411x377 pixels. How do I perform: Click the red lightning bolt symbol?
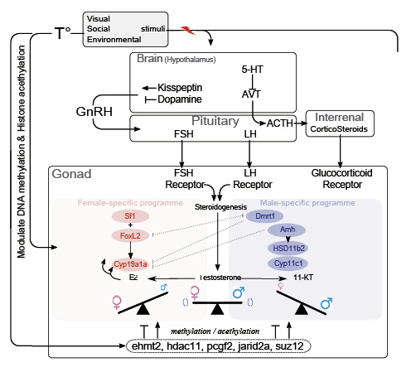(x=188, y=31)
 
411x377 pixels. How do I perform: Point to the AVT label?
(x=252, y=93)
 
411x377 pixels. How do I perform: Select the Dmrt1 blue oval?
(x=264, y=215)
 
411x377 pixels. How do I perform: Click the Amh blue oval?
(x=288, y=230)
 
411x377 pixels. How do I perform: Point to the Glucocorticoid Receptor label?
(x=341, y=179)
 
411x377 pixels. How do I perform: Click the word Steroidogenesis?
(x=222, y=205)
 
